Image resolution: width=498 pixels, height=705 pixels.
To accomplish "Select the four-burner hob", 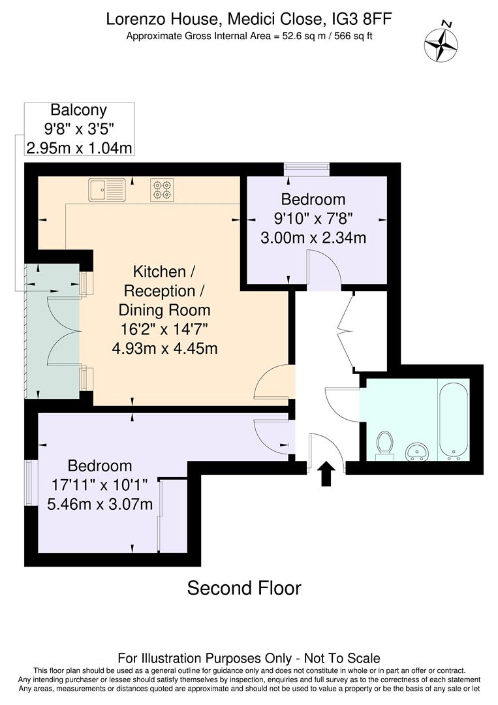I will [x=162, y=189].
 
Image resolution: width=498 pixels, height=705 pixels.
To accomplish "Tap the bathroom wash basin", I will [x=416, y=450].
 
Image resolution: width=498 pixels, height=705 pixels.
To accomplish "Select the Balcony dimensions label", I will [x=79, y=129].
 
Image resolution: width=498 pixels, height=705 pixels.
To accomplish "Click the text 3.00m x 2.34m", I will [x=313, y=238].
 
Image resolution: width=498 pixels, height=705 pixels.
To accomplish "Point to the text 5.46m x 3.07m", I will [x=100, y=504].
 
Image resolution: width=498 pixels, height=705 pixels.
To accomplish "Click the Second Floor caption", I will [x=244, y=588].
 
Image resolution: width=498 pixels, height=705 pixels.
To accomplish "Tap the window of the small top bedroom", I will [x=307, y=169].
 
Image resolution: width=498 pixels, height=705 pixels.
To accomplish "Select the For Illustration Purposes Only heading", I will [x=249, y=658].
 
